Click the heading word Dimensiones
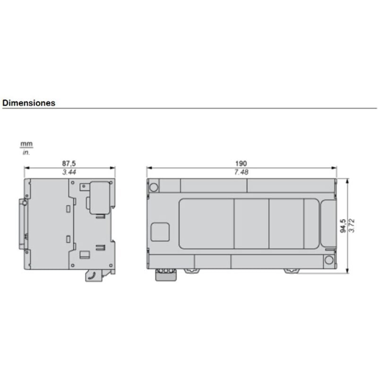pos(29,103)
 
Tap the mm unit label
pos(26,144)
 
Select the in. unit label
pos(26,152)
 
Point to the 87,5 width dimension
pos(69,163)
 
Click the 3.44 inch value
pos(69,172)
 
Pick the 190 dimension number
pos(241,163)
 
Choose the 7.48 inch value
pos(241,172)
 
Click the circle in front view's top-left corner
pos(154,187)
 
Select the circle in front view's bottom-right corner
pos(329,259)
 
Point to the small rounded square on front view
pos(160,232)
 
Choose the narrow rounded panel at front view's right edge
pos(327,223)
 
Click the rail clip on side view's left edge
pos(23,224)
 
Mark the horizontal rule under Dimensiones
pos(189,109)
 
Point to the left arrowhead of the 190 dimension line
pos(148,168)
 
